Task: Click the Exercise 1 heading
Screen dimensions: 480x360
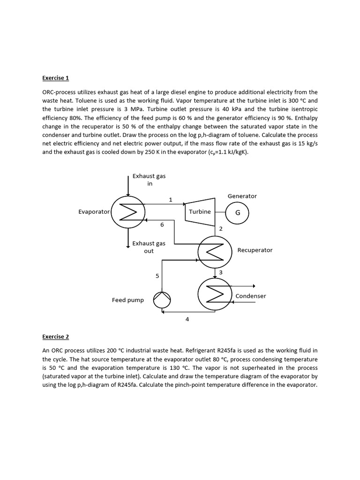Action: pyautogui.click(x=55, y=78)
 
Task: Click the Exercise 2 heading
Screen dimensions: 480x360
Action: pyautogui.click(x=55, y=337)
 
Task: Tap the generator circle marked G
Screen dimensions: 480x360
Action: pyautogui.click(x=237, y=212)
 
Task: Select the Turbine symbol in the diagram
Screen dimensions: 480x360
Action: pyautogui.click(x=200, y=212)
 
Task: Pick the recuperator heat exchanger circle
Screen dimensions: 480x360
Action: pyautogui.click(x=215, y=252)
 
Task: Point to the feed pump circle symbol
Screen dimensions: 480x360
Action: pyautogui.click(x=163, y=300)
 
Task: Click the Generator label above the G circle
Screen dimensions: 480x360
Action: pyautogui.click(x=242, y=196)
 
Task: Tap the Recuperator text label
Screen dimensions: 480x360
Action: pyautogui.click(x=255, y=250)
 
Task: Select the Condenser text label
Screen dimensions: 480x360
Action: pyautogui.click(x=250, y=296)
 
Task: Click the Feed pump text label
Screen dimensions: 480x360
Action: pyautogui.click(x=128, y=300)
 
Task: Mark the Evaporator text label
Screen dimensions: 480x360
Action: pyautogui.click(x=94, y=212)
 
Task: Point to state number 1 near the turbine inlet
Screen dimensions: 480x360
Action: pyautogui.click(x=171, y=200)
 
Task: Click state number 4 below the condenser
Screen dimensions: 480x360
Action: pyautogui.click(x=187, y=319)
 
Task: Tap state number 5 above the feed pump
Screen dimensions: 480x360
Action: pyautogui.click(x=157, y=276)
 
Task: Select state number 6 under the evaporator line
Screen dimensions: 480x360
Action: pyautogui.click(x=162, y=225)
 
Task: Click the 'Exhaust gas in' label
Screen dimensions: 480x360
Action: pyautogui.click(x=149, y=180)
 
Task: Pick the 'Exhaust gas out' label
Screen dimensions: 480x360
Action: pyautogui.click(x=149, y=247)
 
